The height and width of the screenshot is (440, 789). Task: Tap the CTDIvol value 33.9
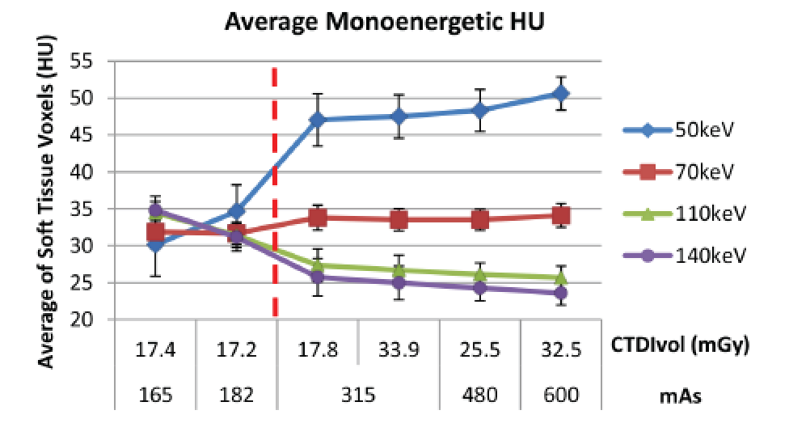pos(399,353)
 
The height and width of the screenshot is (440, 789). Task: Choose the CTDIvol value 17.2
pos(236,353)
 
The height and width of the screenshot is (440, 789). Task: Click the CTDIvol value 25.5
pos(479,353)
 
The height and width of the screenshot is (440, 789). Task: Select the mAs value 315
pos(358,396)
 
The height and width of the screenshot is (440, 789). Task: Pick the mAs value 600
pos(560,396)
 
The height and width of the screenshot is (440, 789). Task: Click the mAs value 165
pos(155,396)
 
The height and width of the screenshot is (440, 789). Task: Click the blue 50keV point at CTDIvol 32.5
pos(560,94)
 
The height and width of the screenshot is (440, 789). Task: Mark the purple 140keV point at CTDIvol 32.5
pos(560,293)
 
